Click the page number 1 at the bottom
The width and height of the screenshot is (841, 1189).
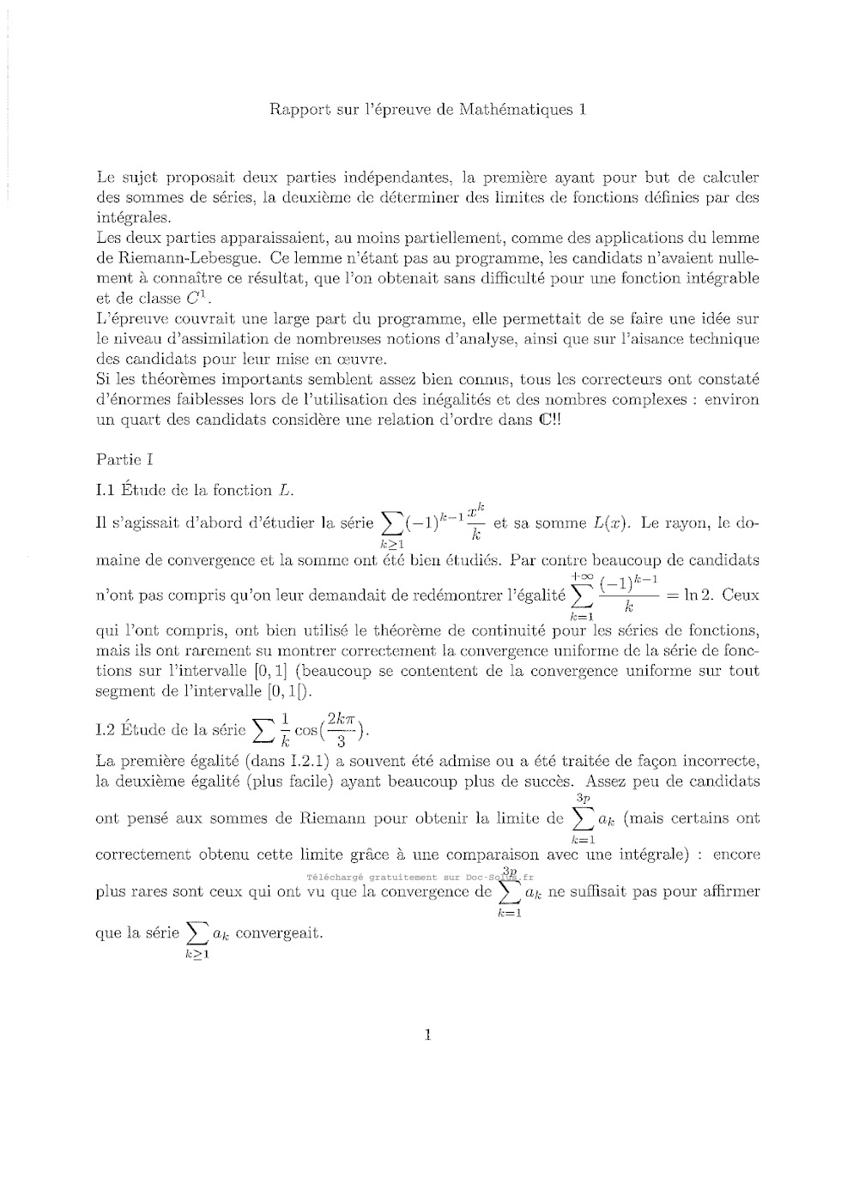pyautogui.click(x=427, y=1035)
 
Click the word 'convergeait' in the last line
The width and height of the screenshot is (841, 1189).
pyautogui.click(x=279, y=932)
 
